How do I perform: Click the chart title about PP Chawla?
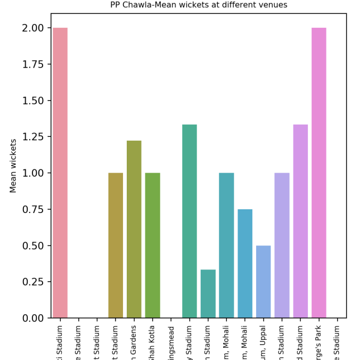pyautogui.click(x=199, y=5)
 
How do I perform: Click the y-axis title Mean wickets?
pyautogui.click(x=13, y=166)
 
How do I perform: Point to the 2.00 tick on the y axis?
pyautogui.click(x=33, y=28)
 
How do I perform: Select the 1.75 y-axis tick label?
pyautogui.click(x=33, y=64)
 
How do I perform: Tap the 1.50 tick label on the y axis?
pyautogui.click(x=33, y=101)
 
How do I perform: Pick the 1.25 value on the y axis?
pyautogui.click(x=33, y=137)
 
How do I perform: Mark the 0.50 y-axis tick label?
pyautogui.click(x=33, y=246)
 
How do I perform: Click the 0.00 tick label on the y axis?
pyautogui.click(x=33, y=318)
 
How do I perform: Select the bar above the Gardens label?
pyautogui.click(x=134, y=229)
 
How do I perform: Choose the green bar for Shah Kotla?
pyautogui.click(x=152, y=245)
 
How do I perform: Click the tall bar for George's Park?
pyautogui.click(x=319, y=173)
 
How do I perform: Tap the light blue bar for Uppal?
pyautogui.click(x=264, y=282)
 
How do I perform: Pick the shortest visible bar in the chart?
pyautogui.click(x=208, y=294)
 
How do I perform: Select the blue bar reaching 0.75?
pyautogui.click(x=245, y=264)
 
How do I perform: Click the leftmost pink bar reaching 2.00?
pyautogui.click(x=60, y=173)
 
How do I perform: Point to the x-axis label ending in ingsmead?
pyautogui.click(x=171, y=342)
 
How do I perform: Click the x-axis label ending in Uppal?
pyautogui.click(x=264, y=341)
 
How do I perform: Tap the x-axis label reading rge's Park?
pyautogui.click(x=319, y=341)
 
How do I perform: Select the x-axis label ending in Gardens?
pyautogui.click(x=134, y=341)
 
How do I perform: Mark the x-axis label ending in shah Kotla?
pyautogui.click(x=152, y=341)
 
